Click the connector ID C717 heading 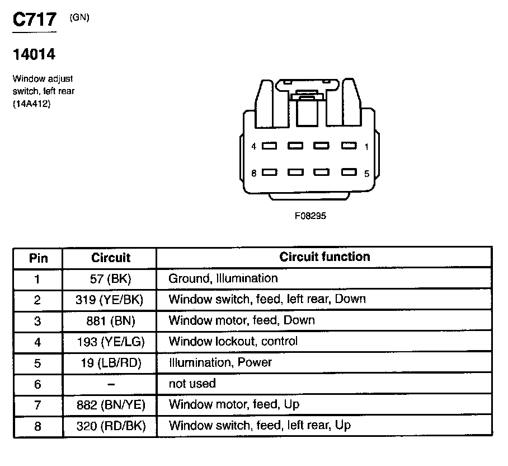(35, 20)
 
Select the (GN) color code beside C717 (79, 17)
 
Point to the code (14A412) (31, 102)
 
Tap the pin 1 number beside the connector (366, 147)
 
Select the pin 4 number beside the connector (253, 147)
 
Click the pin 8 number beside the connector (253, 174)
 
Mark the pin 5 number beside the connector (366, 174)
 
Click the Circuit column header (110, 258)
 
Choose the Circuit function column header (324, 257)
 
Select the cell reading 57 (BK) (110, 278)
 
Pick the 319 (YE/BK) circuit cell (110, 300)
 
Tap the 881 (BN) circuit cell (110, 321)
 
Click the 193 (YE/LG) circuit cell (110, 342)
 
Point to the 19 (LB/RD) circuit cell (110, 363)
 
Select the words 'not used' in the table (192, 384)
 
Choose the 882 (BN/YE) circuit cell (110, 405)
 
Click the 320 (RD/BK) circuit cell (110, 426)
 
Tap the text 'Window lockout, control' (233, 341)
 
